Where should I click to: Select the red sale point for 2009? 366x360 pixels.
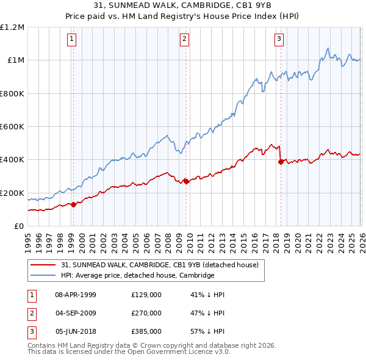pyautogui.click(x=185, y=181)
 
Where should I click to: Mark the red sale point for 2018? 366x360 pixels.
pyautogui.click(x=281, y=162)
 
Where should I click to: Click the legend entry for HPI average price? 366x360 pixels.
pyautogui.click(x=137, y=275)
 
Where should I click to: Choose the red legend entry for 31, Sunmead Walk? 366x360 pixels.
pyautogui.click(x=160, y=265)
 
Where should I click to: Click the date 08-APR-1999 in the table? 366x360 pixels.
pyautogui.click(x=76, y=295)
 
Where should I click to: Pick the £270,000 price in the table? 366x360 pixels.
pyautogui.click(x=146, y=313)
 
